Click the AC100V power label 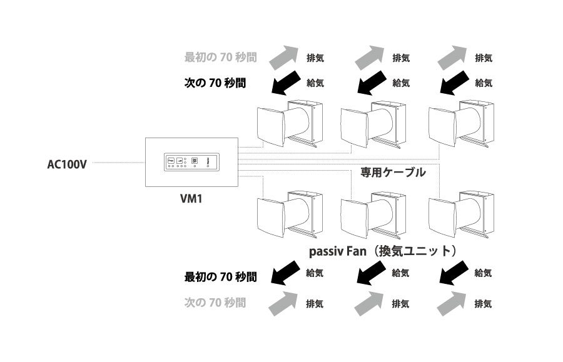click(x=66, y=165)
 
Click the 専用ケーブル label click(x=393, y=172)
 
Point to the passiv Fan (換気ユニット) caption click(x=382, y=251)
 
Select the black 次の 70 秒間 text click(x=215, y=82)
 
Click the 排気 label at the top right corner click(x=484, y=58)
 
